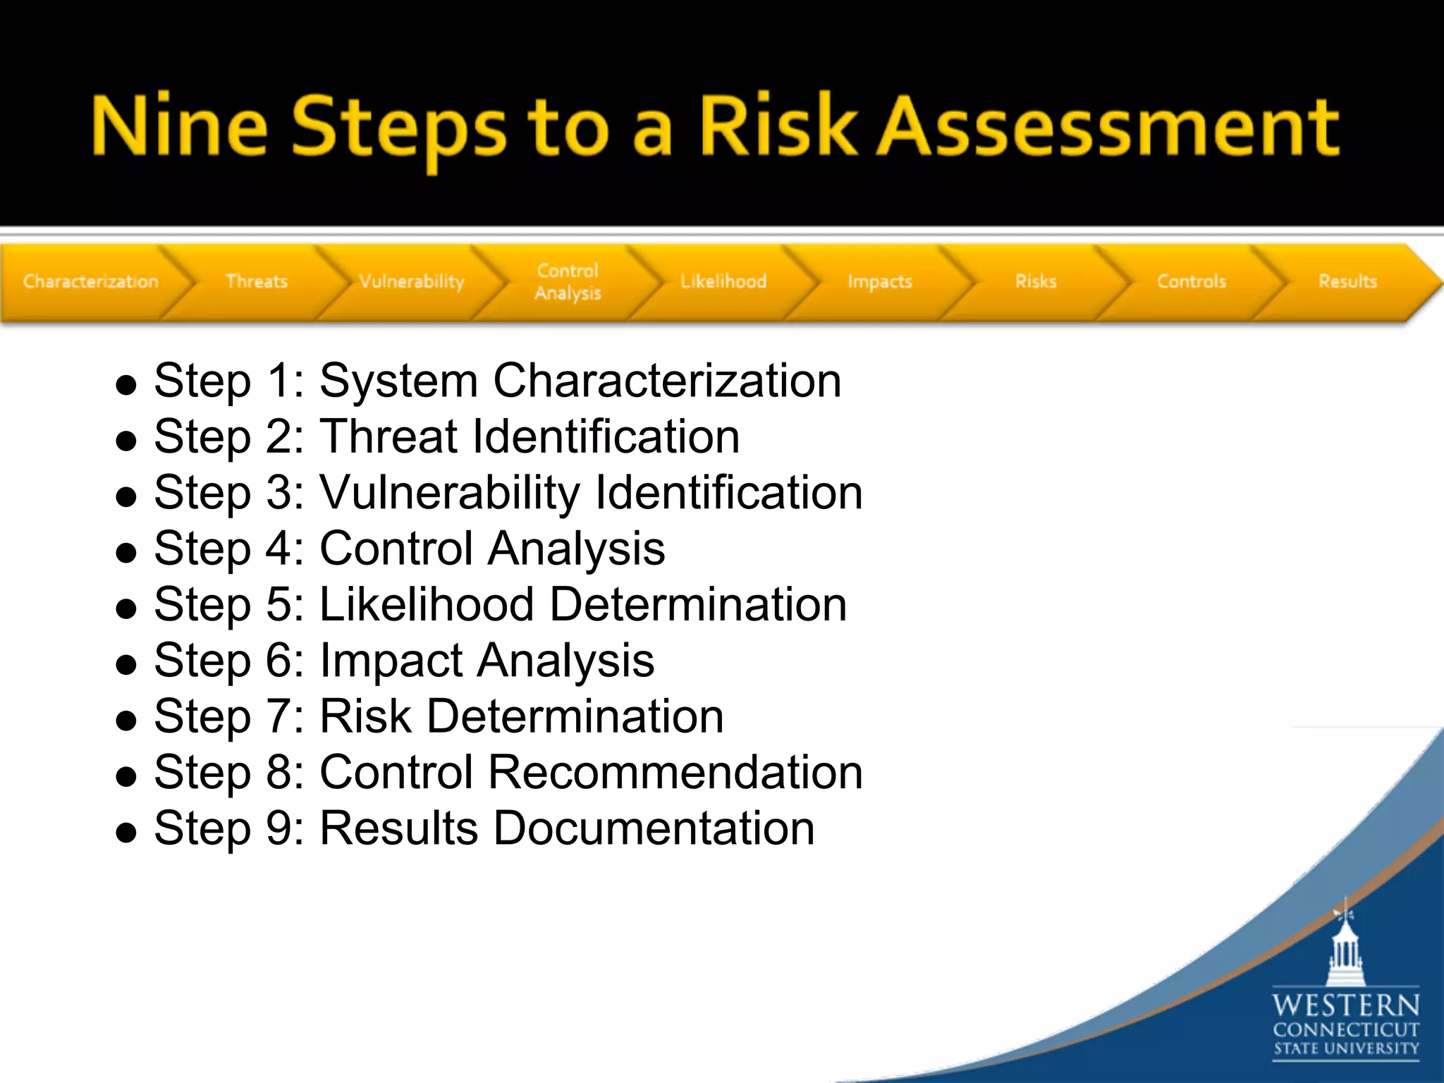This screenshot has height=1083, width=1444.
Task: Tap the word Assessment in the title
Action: [1107, 127]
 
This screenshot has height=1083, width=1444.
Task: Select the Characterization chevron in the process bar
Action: [90, 281]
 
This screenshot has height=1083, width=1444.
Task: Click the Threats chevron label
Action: [257, 281]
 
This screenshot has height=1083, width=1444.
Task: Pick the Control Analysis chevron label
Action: [568, 281]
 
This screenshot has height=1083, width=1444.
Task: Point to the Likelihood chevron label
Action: [723, 281]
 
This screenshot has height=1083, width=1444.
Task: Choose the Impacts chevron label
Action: [880, 281]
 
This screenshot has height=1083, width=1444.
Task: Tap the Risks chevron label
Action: [1036, 281]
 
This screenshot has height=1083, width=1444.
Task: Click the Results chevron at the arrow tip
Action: [1348, 281]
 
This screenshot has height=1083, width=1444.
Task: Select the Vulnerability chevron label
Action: [412, 281]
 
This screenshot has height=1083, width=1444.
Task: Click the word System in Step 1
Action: [398, 381]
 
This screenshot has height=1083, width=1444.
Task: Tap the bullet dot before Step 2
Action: [126, 441]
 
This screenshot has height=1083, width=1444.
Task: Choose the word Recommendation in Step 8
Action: [675, 772]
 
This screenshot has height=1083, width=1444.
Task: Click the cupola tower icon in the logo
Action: [1345, 948]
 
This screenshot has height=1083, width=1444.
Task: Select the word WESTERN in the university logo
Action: [1345, 1005]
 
